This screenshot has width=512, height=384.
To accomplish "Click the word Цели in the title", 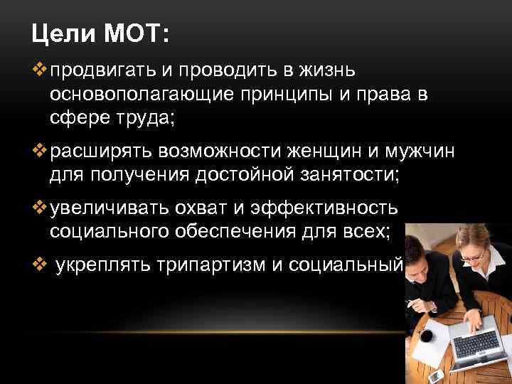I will (63, 33).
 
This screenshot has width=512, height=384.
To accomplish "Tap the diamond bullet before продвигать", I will (39, 71).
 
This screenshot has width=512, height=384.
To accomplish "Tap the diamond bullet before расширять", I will (39, 150).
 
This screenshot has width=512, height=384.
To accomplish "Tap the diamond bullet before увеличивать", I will (39, 206).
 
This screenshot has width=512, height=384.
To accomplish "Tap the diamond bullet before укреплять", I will (39, 265).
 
